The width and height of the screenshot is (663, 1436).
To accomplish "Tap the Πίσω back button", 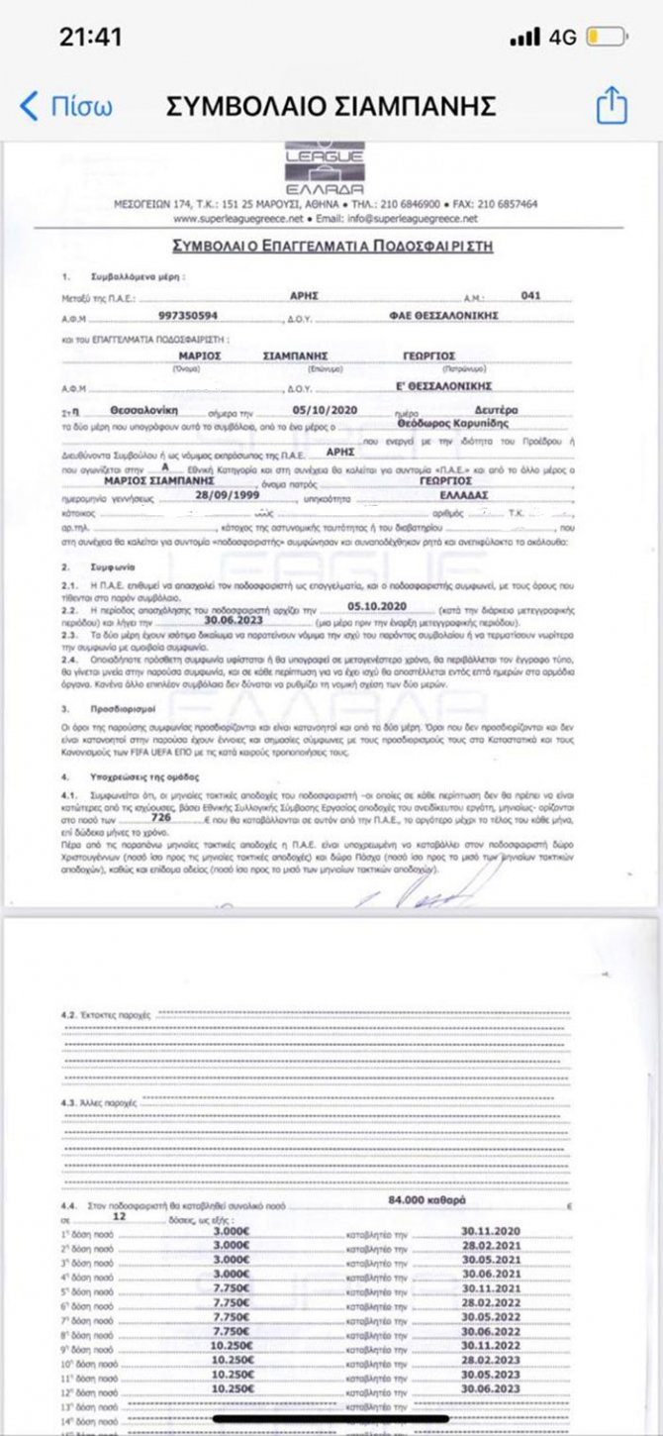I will point(67,106).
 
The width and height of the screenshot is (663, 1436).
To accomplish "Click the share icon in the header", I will point(612,105).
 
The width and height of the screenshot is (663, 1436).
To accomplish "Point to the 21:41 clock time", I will point(90,38).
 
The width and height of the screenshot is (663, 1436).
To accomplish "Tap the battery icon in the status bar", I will point(606,38).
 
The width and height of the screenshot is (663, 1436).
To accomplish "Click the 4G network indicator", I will point(561,38).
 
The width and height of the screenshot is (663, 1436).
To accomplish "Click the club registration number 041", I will point(530,295).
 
